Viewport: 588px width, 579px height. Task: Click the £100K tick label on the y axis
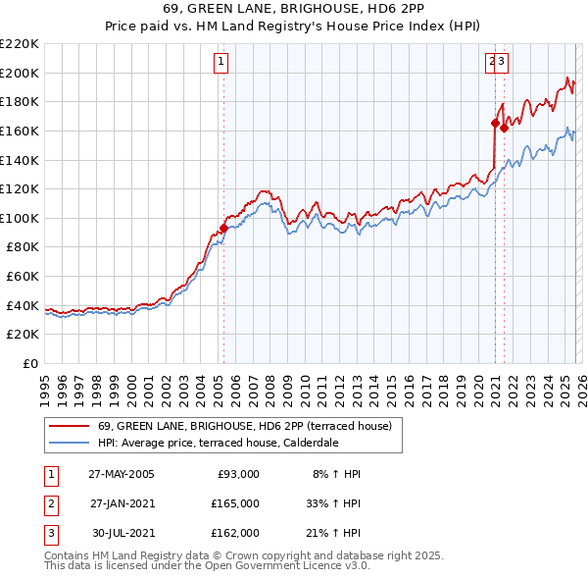coord(20,218)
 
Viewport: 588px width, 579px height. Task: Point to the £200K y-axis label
coord(20,73)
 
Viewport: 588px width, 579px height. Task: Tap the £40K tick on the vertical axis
coord(23,305)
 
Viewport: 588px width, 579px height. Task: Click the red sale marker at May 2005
coord(223,228)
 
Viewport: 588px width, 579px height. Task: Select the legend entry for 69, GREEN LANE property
coord(244,426)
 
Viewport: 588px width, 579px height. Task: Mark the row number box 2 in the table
coord(50,503)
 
